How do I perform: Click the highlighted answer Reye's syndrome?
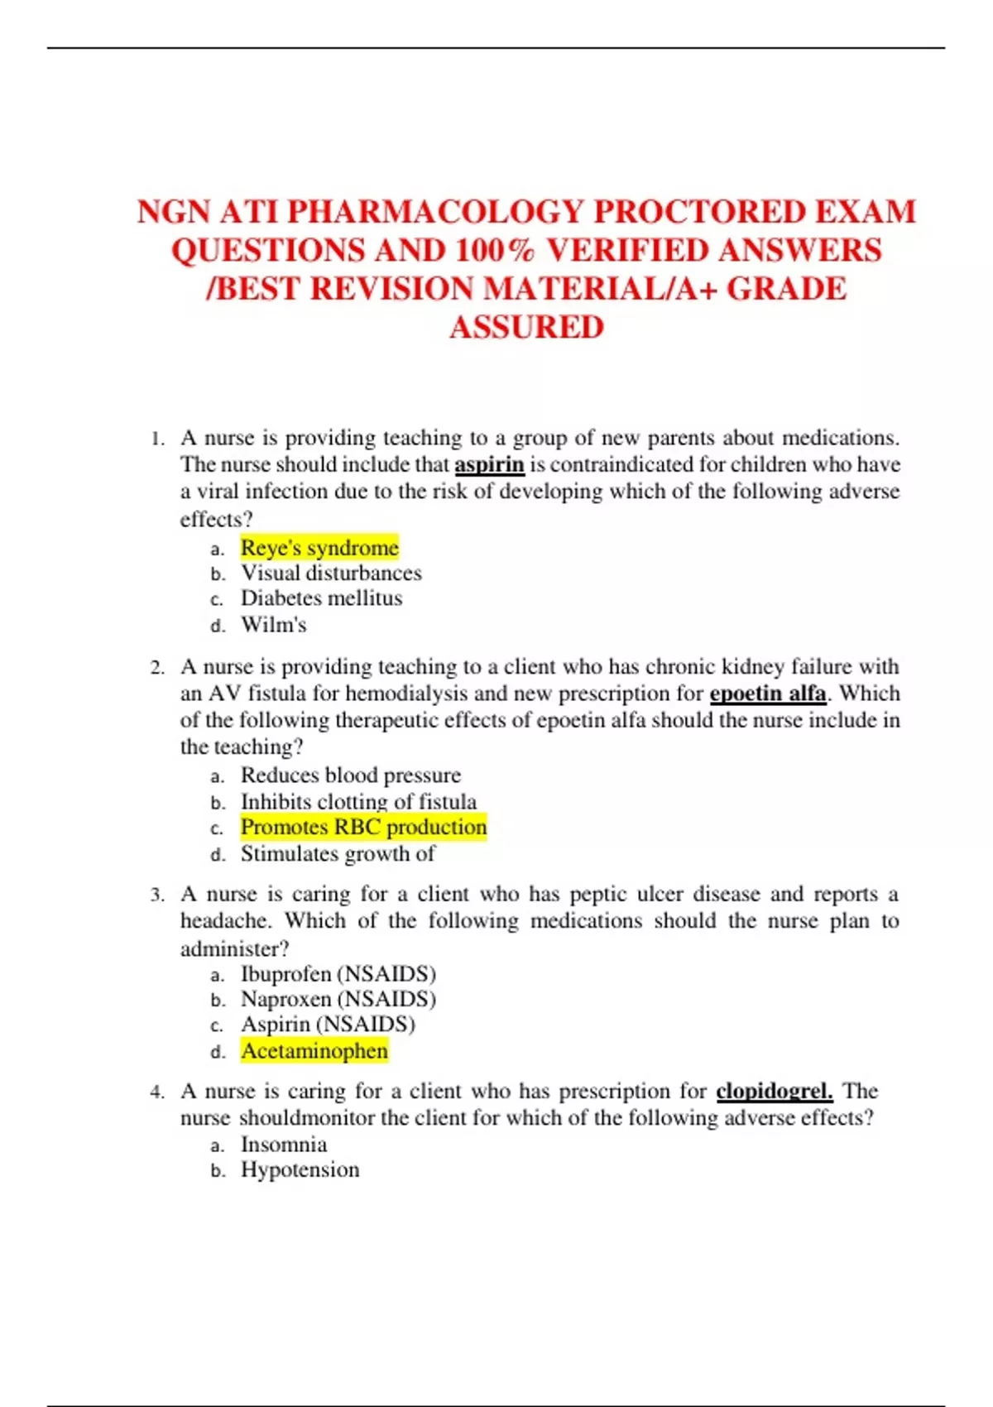pyautogui.click(x=319, y=548)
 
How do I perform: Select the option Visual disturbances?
pyautogui.click(x=331, y=574)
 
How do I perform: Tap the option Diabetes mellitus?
pyautogui.click(x=321, y=598)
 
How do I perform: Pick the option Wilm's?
pyautogui.click(x=273, y=625)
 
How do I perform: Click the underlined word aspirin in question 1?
pyautogui.click(x=489, y=464)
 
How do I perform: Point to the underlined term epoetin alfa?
pyautogui.click(x=768, y=694)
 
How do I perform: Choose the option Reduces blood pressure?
pyautogui.click(x=350, y=776)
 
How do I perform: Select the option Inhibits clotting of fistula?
pyautogui.click(x=358, y=802)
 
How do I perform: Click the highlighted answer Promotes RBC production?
pyautogui.click(x=363, y=827)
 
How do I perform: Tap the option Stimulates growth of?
pyautogui.click(x=337, y=854)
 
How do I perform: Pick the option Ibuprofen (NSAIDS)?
pyautogui.click(x=338, y=974)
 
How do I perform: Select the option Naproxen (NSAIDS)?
pyautogui.click(x=338, y=999)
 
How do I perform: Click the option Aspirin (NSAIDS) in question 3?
pyautogui.click(x=328, y=1025)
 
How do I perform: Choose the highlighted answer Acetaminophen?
pyautogui.click(x=314, y=1051)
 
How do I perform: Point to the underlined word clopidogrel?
pyautogui.click(x=774, y=1092)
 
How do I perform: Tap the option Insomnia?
pyautogui.click(x=284, y=1145)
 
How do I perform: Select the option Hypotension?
pyautogui.click(x=300, y=1170)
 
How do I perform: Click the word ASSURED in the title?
pyautogui.click(x=526, y=328)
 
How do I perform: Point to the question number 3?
pyautogui.click(x=157, y=896)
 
